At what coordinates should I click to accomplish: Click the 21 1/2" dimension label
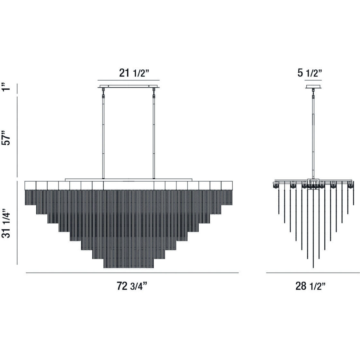point(134,73)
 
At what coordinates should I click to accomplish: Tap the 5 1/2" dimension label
point(310,73)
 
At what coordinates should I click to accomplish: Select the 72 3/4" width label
point(132,286)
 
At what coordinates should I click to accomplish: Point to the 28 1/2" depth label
point(310,286)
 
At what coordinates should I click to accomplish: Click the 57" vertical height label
point(6,138)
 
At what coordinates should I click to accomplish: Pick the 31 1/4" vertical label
point(6,223)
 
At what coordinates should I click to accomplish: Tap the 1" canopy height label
point(6,87)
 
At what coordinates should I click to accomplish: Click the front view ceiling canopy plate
point(129,86)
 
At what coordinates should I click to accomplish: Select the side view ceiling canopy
point(313,86)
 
